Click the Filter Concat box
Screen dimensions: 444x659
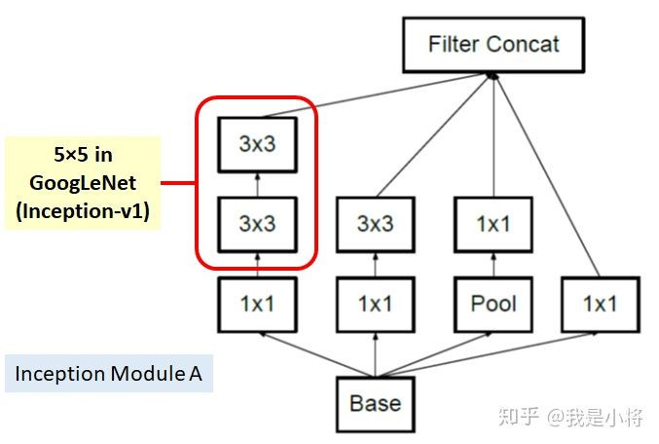coord(494,45)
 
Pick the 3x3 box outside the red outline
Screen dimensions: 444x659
coord(375,223)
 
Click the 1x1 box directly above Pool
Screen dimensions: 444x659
coord(494,223)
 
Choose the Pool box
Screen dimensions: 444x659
coord(494,303)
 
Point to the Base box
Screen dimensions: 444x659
coord(376,402)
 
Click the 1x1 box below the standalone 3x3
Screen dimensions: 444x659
coord(375,303)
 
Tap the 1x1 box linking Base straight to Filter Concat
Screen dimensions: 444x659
coord(600,303)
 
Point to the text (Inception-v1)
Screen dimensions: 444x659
coord(82,212)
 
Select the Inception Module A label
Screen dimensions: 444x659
coord(109,373)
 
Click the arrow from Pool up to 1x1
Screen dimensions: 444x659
coord(494,263)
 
